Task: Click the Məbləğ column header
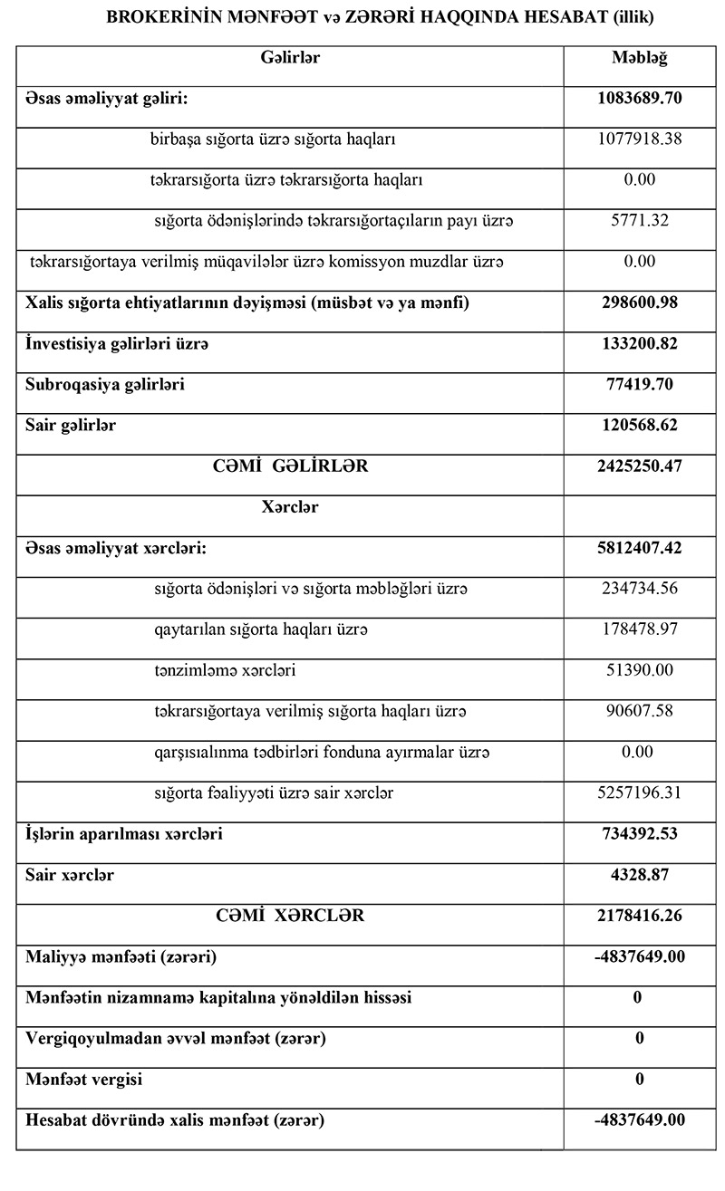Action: (x=640, y=58)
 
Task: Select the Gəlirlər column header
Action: (x=290, y=58)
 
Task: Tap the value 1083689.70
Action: (x=640, y=98)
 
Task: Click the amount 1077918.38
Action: (x=640, y=139)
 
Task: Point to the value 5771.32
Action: (x=640, y=221)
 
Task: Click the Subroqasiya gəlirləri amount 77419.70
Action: (x=640, y=384)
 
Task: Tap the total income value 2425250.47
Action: (x=640, y=466)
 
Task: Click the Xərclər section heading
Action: (x=290, y=507)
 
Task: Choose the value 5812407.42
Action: (x=640, y=548)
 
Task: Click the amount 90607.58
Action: (x=640, y=711)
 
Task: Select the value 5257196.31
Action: (x=640, y=793)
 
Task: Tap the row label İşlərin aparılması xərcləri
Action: (x=124, y=834)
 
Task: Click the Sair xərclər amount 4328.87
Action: (x=640, y=876)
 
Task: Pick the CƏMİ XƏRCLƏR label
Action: (x=290, y=916)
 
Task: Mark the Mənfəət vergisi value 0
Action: (x=640, y=1080)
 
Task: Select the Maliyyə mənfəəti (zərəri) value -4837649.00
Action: (x=640, y=956)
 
